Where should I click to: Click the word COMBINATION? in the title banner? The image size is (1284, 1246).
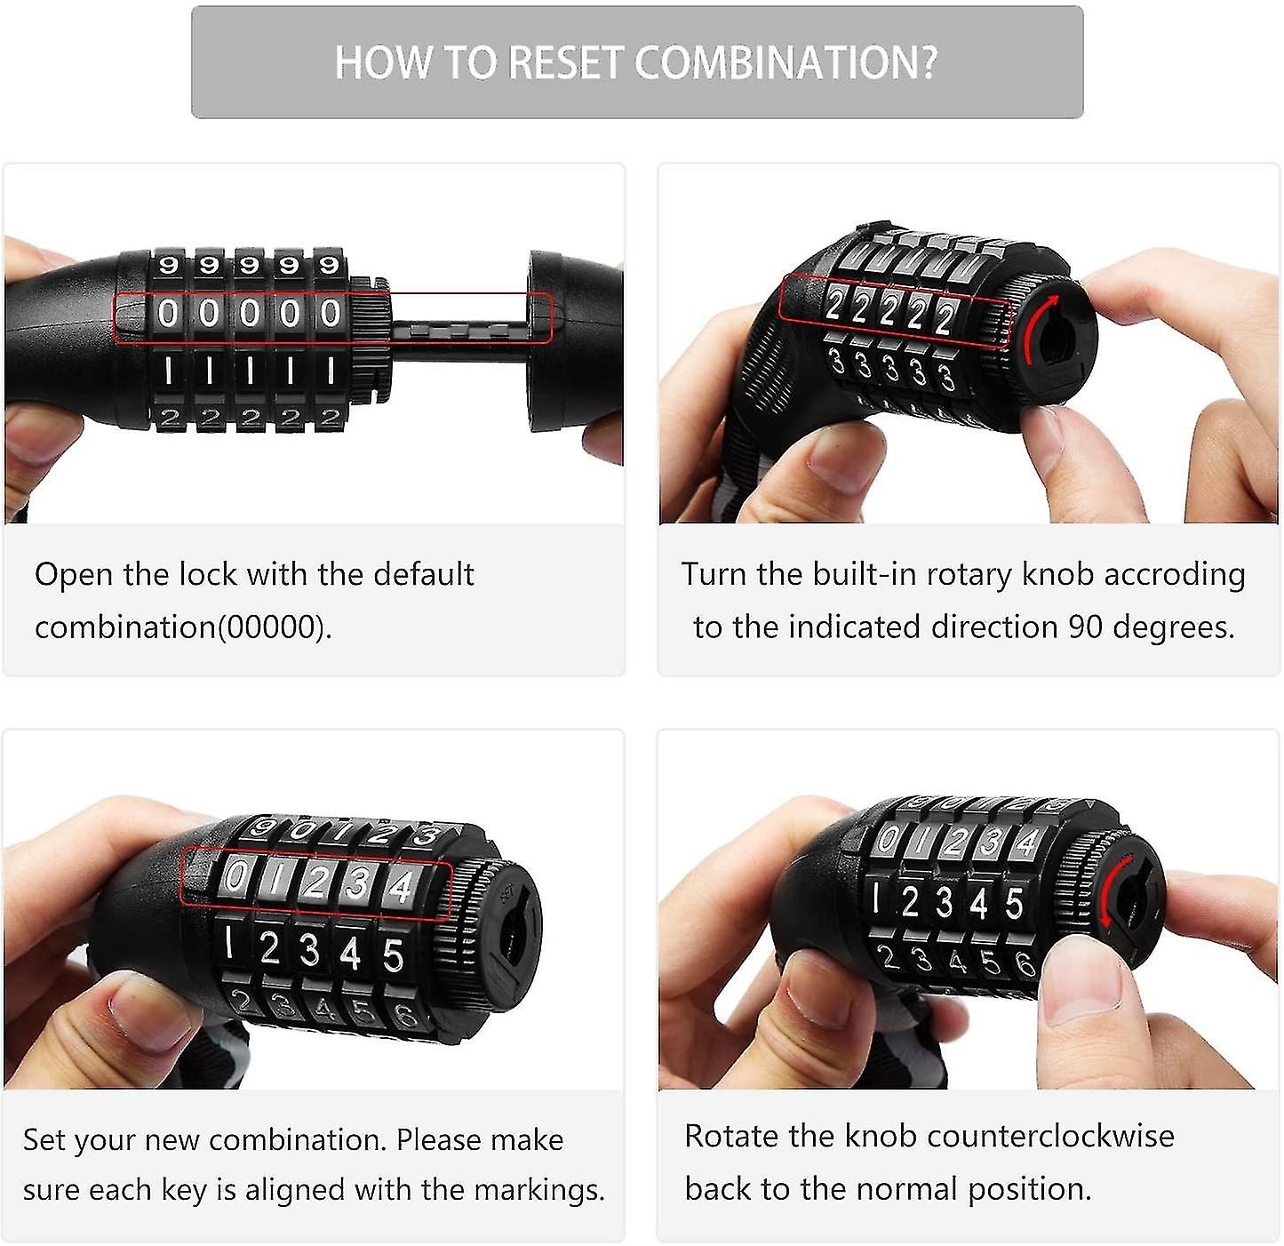pyautogui.click(x=786, y=63)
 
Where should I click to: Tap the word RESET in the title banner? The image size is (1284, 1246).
pyautogui.click(x=564, y=63)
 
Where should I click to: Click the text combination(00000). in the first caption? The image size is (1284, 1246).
pyautogui.click(x=183, y=627)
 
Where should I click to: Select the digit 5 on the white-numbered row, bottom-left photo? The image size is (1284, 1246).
pyautogui.click(x=394, y=955)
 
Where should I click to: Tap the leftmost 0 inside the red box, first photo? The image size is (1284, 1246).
pyautogui.click(x=168, y=313)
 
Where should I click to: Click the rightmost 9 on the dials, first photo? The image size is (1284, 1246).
pyautogui.click(x=330, y=266)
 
